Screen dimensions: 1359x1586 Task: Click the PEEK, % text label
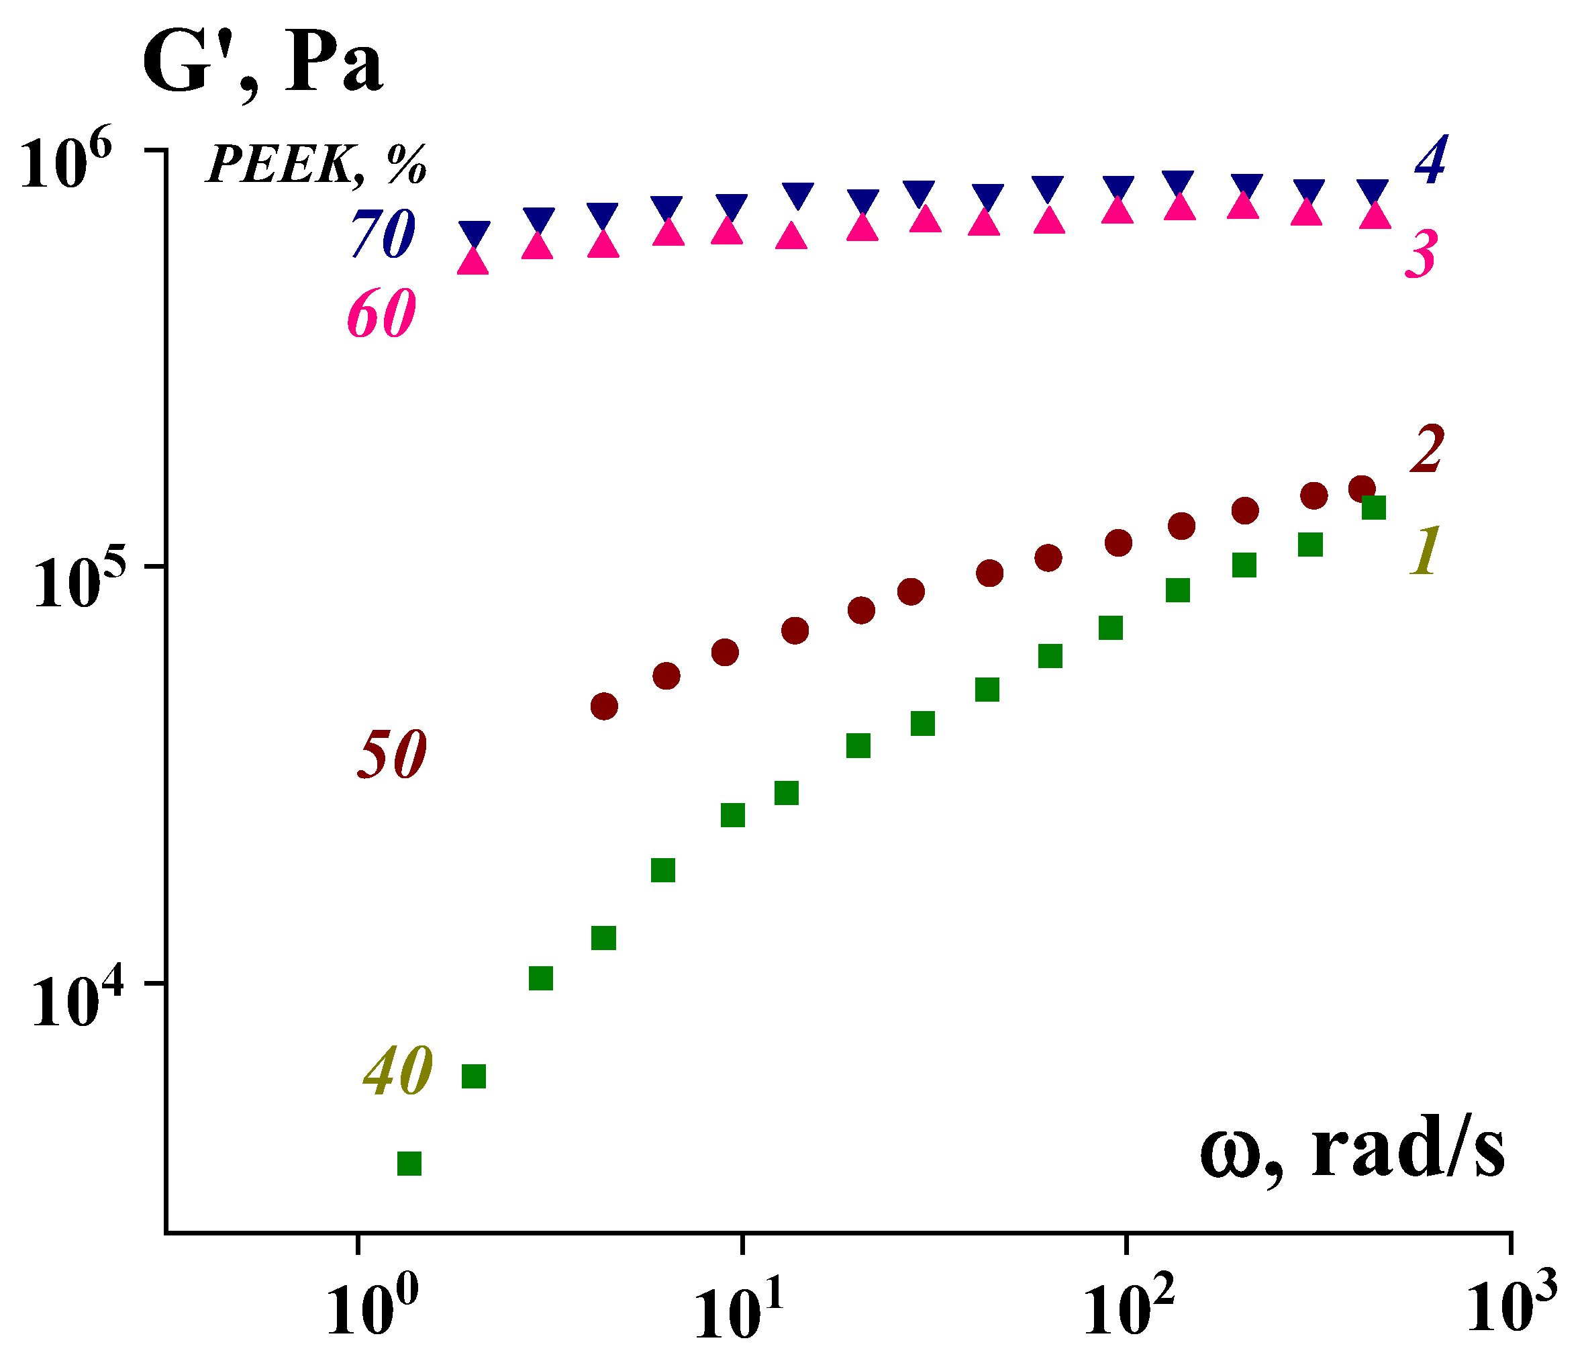coord(315,163)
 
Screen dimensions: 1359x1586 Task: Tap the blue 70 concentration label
coord(383,234)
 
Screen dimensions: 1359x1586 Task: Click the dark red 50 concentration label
coord(391,754)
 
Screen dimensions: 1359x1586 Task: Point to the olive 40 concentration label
coord(398,1072)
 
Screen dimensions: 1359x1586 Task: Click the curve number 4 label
coord(1430,160)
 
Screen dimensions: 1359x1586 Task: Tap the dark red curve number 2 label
coord(1427,449)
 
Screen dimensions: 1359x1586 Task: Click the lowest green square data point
coord(409,1164)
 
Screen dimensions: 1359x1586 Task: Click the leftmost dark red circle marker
coord(604,706)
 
